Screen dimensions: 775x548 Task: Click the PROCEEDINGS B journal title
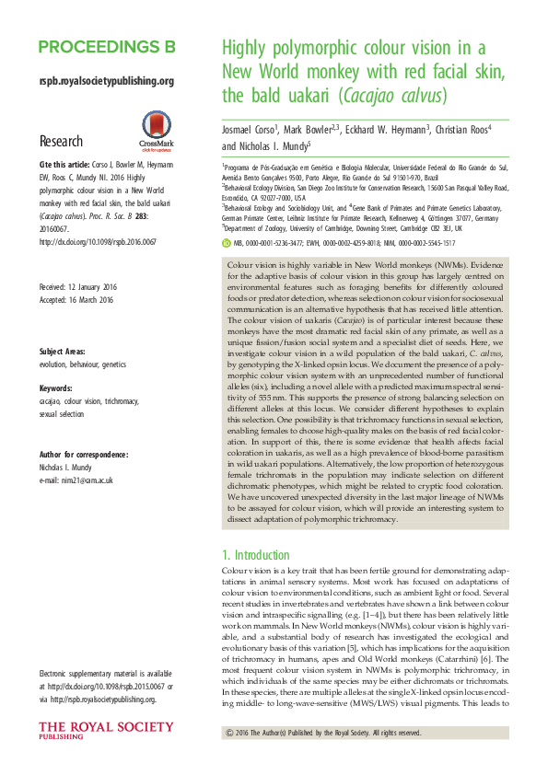click(x=107, y=47)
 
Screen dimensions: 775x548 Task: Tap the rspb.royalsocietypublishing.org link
click(x=107, y=81)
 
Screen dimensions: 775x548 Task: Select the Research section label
click(x=62, y=141)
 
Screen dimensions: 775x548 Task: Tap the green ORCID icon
click(x=227, y=217)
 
